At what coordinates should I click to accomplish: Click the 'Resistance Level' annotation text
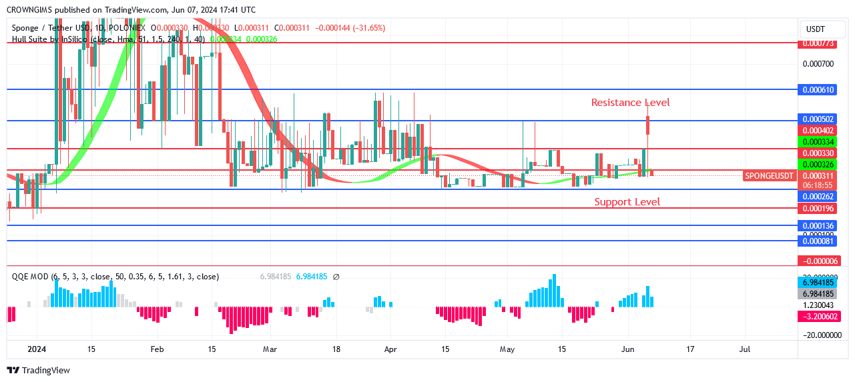pos(630,103)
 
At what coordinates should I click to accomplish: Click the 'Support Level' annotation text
pos(627,202)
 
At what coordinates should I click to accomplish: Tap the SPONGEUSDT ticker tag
pos(770,175)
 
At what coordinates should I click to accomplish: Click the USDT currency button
pos(816,29)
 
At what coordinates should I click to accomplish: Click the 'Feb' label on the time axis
pos(157,349)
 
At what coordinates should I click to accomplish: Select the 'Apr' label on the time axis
pos(391,349)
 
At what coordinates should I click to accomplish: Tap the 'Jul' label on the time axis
pos(745,349)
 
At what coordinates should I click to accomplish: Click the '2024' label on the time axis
pos(36,349)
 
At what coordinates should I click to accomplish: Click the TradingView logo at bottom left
pos(39,370)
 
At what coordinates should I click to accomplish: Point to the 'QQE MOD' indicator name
pos(30,277)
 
